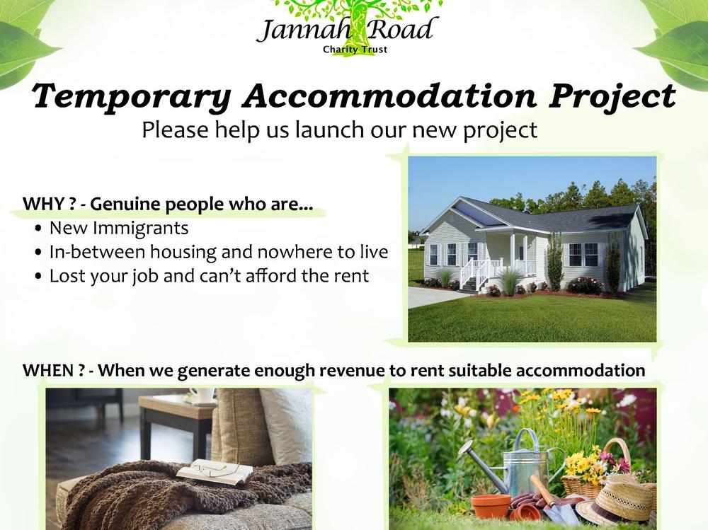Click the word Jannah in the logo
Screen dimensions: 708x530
point(304,30)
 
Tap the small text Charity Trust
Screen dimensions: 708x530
point(355,50)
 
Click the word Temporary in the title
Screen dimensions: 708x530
point(132,97)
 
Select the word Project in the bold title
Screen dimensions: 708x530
point(612,97)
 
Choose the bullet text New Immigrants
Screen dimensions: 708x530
point(119,228)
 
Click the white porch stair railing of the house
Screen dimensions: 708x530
point(479,271)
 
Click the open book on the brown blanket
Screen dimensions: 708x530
point(216,472)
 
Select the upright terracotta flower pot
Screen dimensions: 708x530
point(491,506)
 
